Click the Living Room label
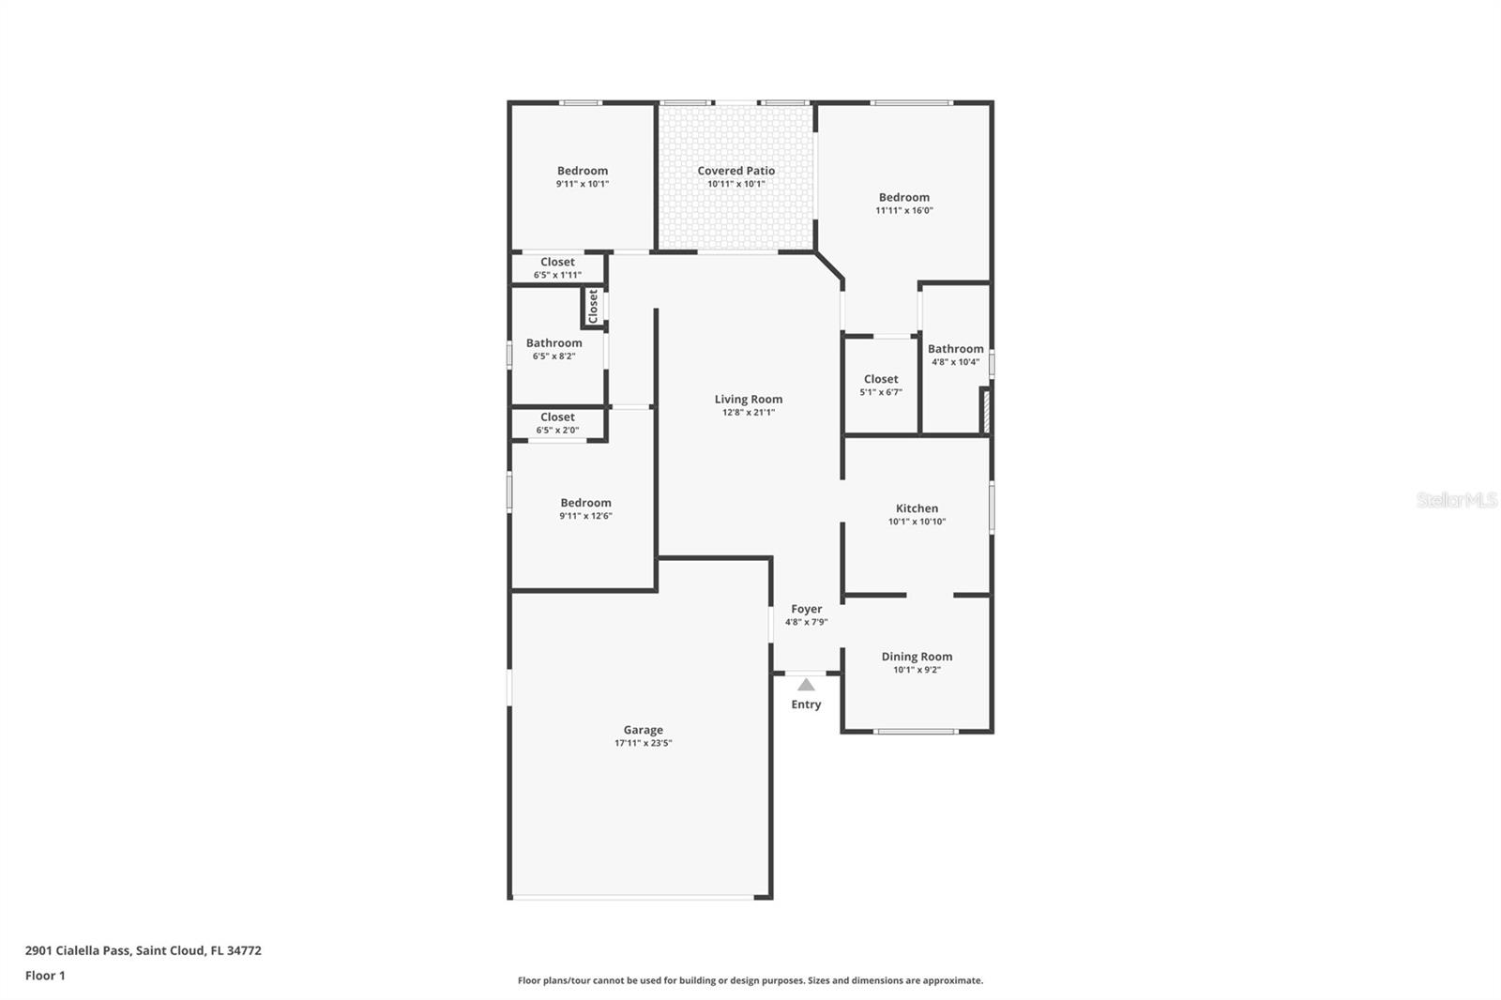[x=748, y=400]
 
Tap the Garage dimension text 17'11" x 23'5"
[x=643, y=743]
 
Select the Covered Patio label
[x=735, y=171]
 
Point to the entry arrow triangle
[x=806, y=685]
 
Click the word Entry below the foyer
[x=806, y=705]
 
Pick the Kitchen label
[x=917, y=508]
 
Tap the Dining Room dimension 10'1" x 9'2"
[x=917, y=670]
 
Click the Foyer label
[x=806, y=609]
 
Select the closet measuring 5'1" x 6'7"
[x=880, y=380]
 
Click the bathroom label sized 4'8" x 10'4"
[x=955, y=349]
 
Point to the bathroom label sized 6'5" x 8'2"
[x=553, y=343]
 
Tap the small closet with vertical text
[x=593, y=307]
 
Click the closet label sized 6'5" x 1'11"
[x=557, y=263]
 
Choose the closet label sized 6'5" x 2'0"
[x=557, y=417]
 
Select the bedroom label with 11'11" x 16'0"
[x=903, y=198]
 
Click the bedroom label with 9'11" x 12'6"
[x=585, y=503]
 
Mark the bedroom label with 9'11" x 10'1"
[x=582, y=171]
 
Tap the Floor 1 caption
[x=45, y=976]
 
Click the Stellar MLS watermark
[x=1456, y=500]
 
